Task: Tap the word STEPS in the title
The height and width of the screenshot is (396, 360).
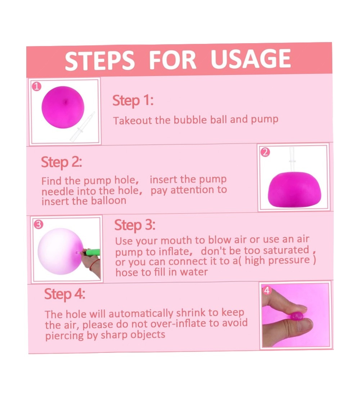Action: click(x=99, y=60)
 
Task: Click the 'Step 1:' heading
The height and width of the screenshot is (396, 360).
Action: click(x=133, y=100)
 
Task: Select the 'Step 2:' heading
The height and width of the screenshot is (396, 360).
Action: click(x=62, y=162)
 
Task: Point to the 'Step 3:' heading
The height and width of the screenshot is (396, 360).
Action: click(x=135, y=225)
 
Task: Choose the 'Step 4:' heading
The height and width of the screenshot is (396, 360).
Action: click(x=65, y=294)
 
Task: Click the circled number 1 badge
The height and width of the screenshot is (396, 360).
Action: click(x=37, y=87)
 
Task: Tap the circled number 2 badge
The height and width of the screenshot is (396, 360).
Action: click(x=265, y=152)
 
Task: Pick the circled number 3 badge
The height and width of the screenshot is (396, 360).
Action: click(x=39, y=224)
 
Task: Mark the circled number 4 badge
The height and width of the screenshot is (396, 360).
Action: click(x=267, y=291)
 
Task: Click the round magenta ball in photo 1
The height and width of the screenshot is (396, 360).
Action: click(x=63, y=107)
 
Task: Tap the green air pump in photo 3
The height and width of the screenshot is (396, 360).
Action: click(x=93, y=252)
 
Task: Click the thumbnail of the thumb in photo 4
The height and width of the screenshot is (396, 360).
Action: click(x=304, y=325)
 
